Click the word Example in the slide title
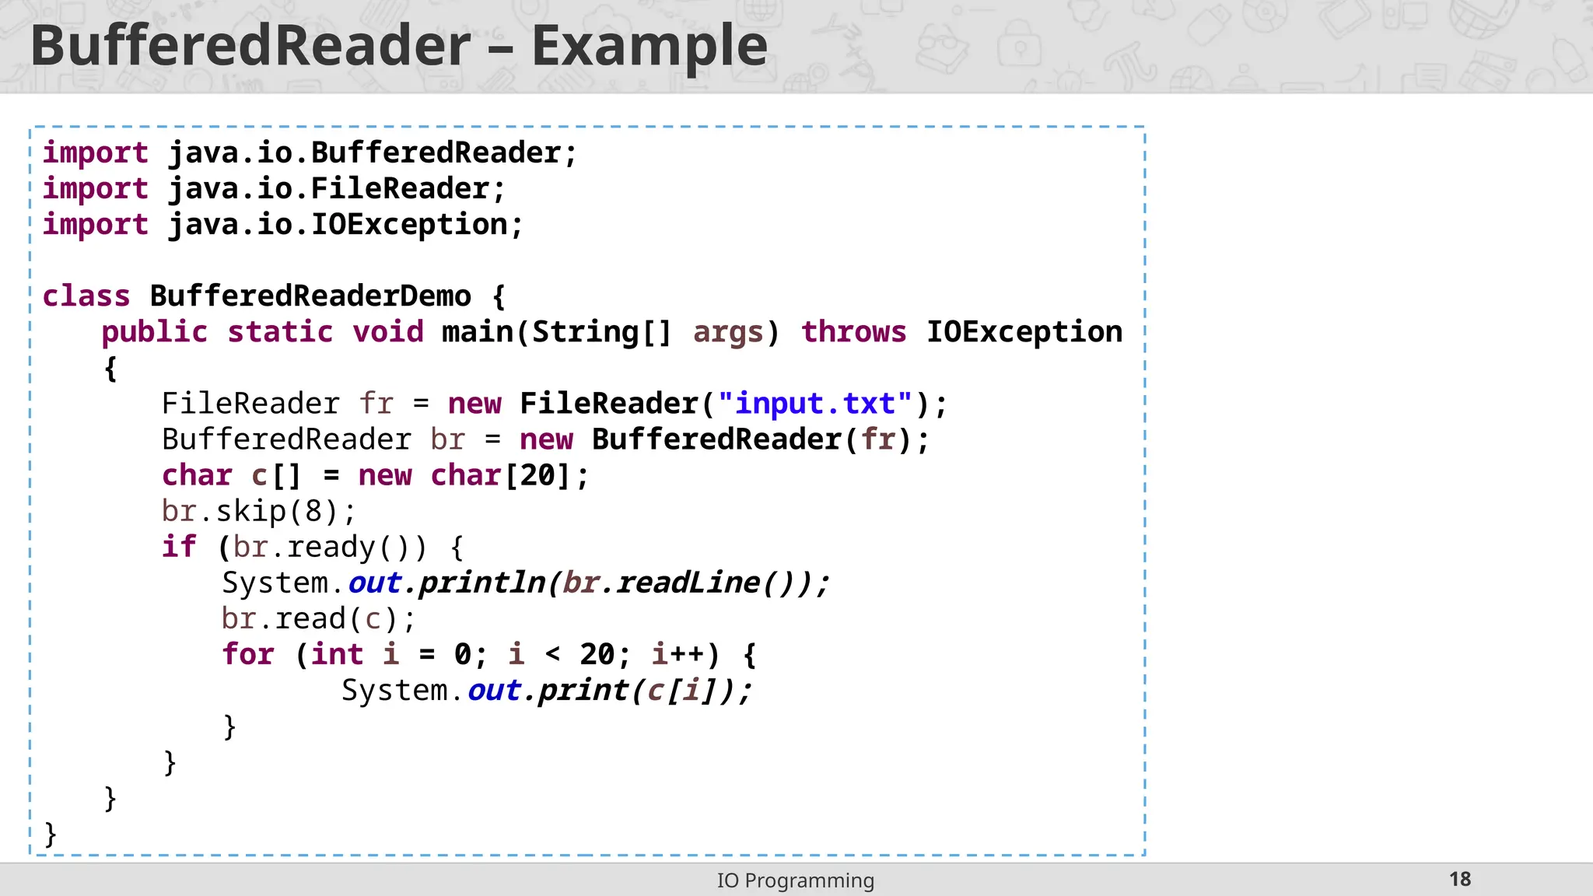tap(649, 45)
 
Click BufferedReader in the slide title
tap(250, 45)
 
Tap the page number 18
tap(1460, 879)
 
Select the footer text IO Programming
tap(795, 880)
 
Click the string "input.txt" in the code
tap(814, 404)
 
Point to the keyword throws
tap(853, 332)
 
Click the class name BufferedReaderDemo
tap(310, 296)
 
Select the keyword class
tap(86, 296)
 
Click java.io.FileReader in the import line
tap(329, 189)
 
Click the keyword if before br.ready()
tap(178, 547)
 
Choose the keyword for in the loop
tap(248, 654)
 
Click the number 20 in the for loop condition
tap(597, 654)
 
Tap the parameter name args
tap(728, 332)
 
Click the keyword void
tap(388, 332)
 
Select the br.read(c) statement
tap(318, 618)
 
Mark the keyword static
tap(280, 332)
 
